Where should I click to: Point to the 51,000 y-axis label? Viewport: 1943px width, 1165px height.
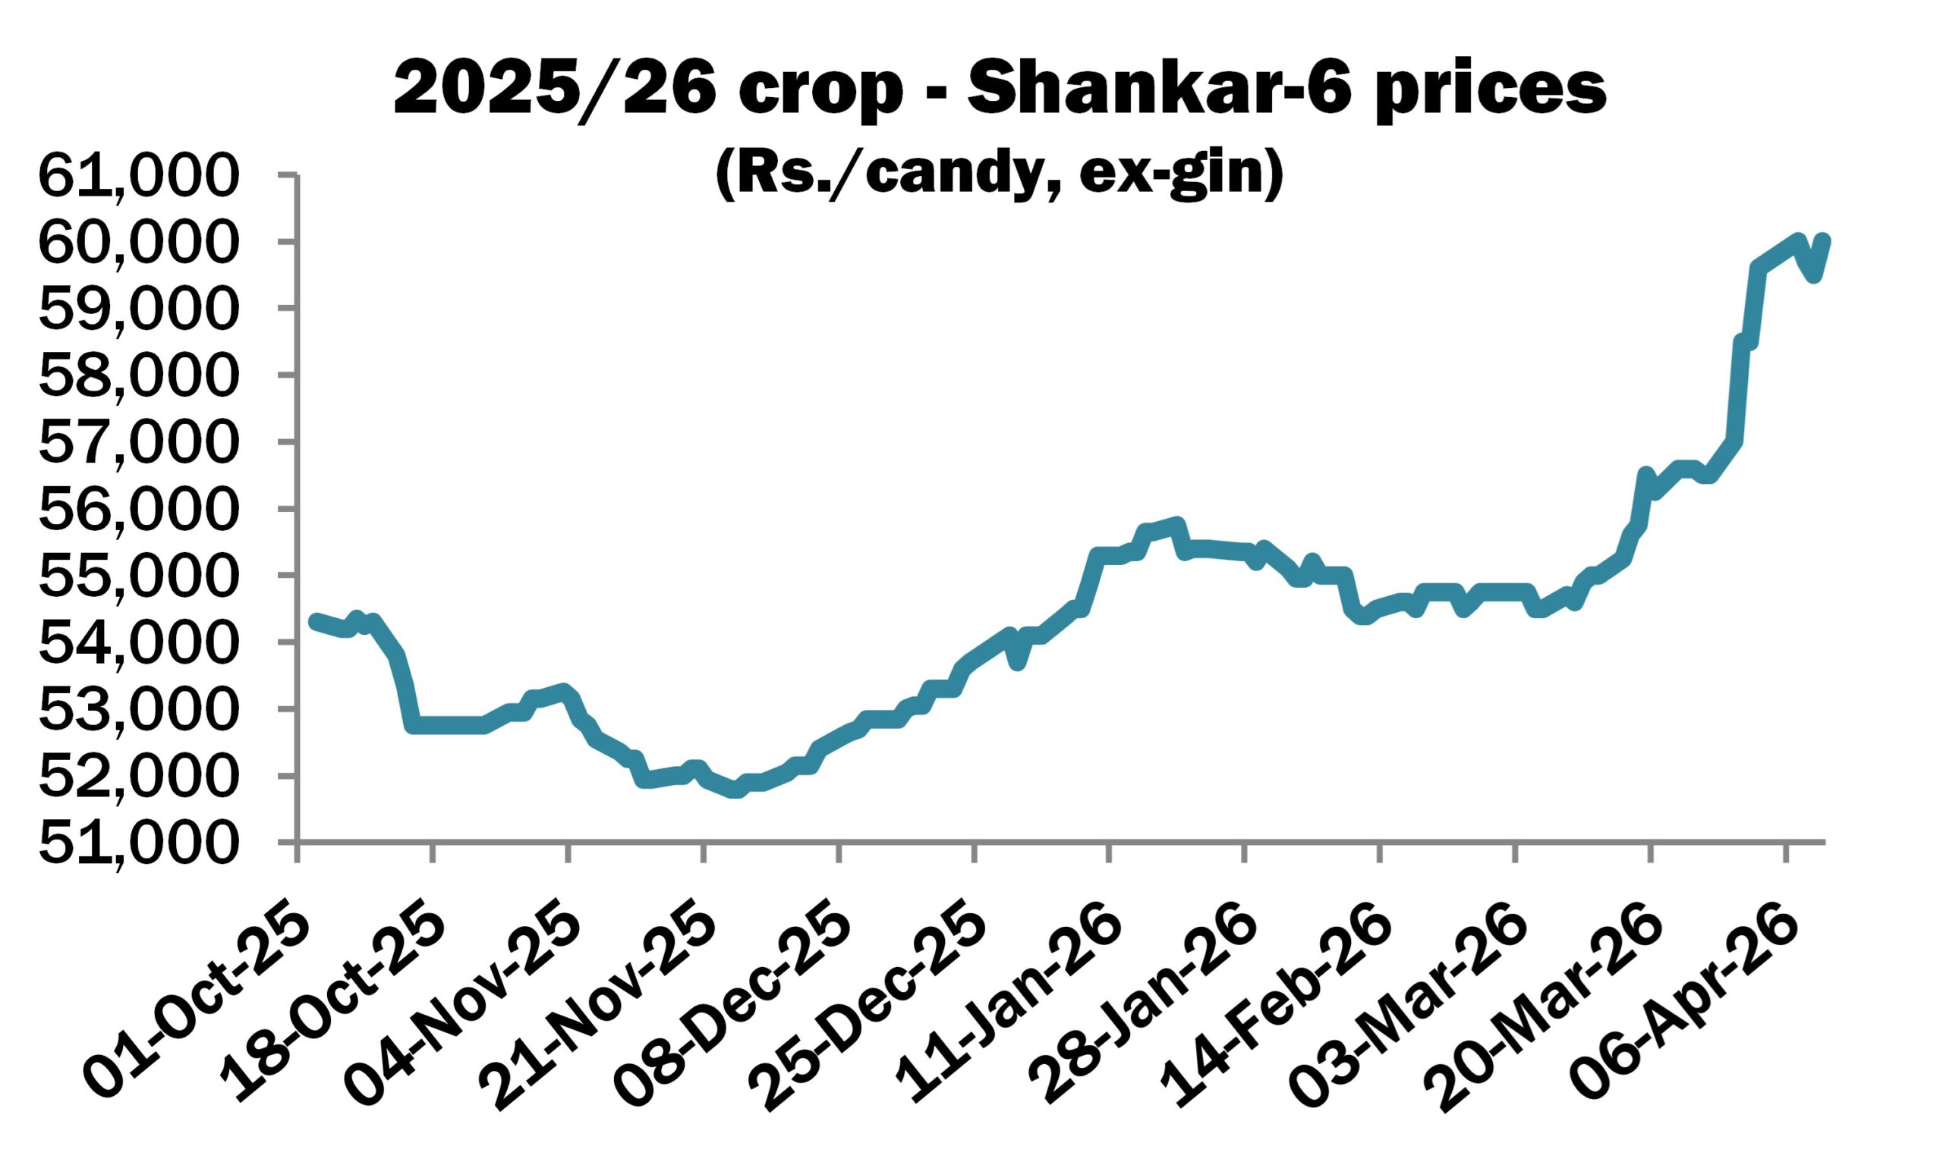click(136, 844)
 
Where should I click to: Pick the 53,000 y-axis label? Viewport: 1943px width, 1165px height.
click(136, 711)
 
